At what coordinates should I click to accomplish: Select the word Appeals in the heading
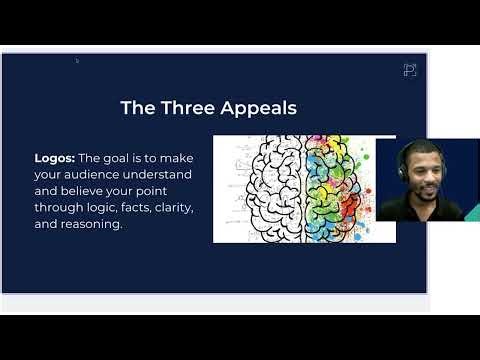pos(258,107)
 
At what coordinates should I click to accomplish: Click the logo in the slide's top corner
pos(409,69)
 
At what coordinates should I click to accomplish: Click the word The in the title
pos(137,107)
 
